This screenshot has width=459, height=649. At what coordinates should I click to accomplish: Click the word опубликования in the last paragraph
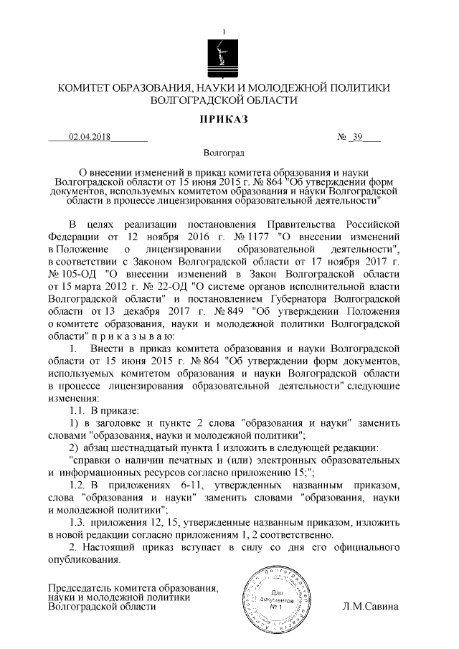(x=84, y=560)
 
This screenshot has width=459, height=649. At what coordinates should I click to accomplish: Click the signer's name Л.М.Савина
(x=372, y=607)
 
